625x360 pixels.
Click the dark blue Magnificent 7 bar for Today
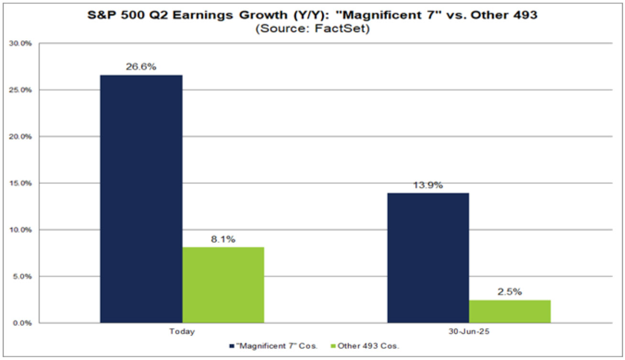point(141,198)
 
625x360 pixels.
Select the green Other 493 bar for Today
point(223,285)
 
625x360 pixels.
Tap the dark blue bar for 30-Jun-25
point(428,258)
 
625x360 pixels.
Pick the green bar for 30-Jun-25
point(510,311)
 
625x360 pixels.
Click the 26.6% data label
point(142,67)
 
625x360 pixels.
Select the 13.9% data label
point(428,185)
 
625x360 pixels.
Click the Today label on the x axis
point(182,332)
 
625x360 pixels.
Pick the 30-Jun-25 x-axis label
point(469,332)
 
